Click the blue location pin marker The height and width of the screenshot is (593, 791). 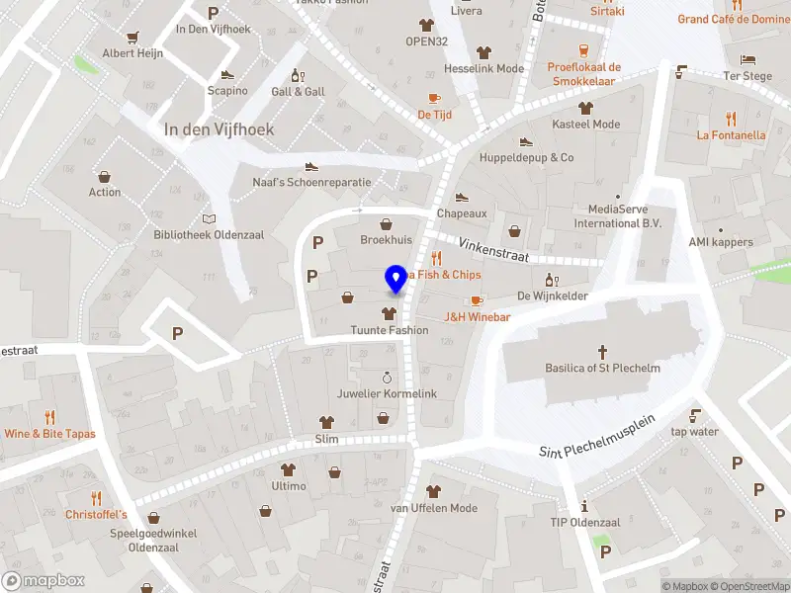[x=396, y=278]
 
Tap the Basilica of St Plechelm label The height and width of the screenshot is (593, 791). [x=602, y=369]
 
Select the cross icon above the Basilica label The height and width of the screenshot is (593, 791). [x=602, y=351]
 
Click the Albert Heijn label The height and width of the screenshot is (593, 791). [x=132, y=53]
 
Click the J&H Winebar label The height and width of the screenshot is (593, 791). [x=477, y=317]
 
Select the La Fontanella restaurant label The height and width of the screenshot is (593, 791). [x=731, y=135]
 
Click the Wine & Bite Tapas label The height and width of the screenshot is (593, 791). [x=49, y=434]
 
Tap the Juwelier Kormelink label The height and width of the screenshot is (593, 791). [x=387, y=393]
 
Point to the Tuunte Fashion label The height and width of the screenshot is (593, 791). [x=389, y=330]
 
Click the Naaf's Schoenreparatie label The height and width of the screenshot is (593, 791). [x=311, y=183]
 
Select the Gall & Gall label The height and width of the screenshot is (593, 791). [x=298, y=92]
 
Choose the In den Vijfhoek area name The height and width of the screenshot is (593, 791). [x=219, y=129]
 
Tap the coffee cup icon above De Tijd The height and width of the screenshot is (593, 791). [x=434, y=98]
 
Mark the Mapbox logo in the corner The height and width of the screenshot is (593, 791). [x=44, y=581]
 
